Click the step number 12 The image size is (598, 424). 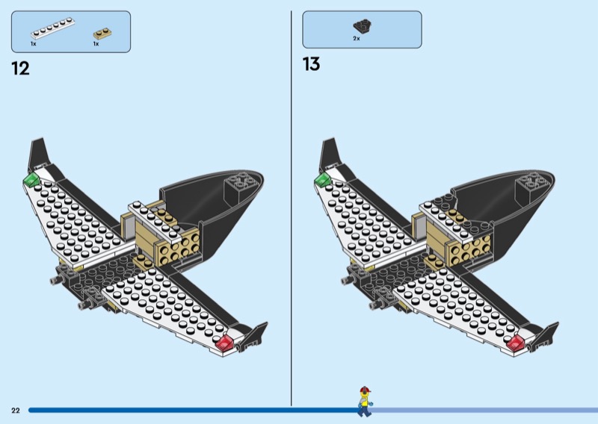click(21, 69)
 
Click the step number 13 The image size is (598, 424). click(311, 64)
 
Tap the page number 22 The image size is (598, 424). click(16, 411)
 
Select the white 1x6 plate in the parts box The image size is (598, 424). click(52, 28)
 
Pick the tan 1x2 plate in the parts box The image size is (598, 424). click(102, 34)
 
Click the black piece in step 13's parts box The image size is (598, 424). click(363, 26)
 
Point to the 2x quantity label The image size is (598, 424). click(357, 39)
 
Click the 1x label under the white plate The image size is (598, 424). click(34, 44)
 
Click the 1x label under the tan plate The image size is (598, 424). click(96, 44)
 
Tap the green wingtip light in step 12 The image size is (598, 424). click(31, 179)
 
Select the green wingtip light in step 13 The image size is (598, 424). click(323, 179)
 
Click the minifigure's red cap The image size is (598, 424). click(365, 390)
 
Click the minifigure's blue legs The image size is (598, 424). click(365, 411)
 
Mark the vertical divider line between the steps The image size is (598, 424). click(292, 208)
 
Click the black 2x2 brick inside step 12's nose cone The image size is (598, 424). click(238, 186)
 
